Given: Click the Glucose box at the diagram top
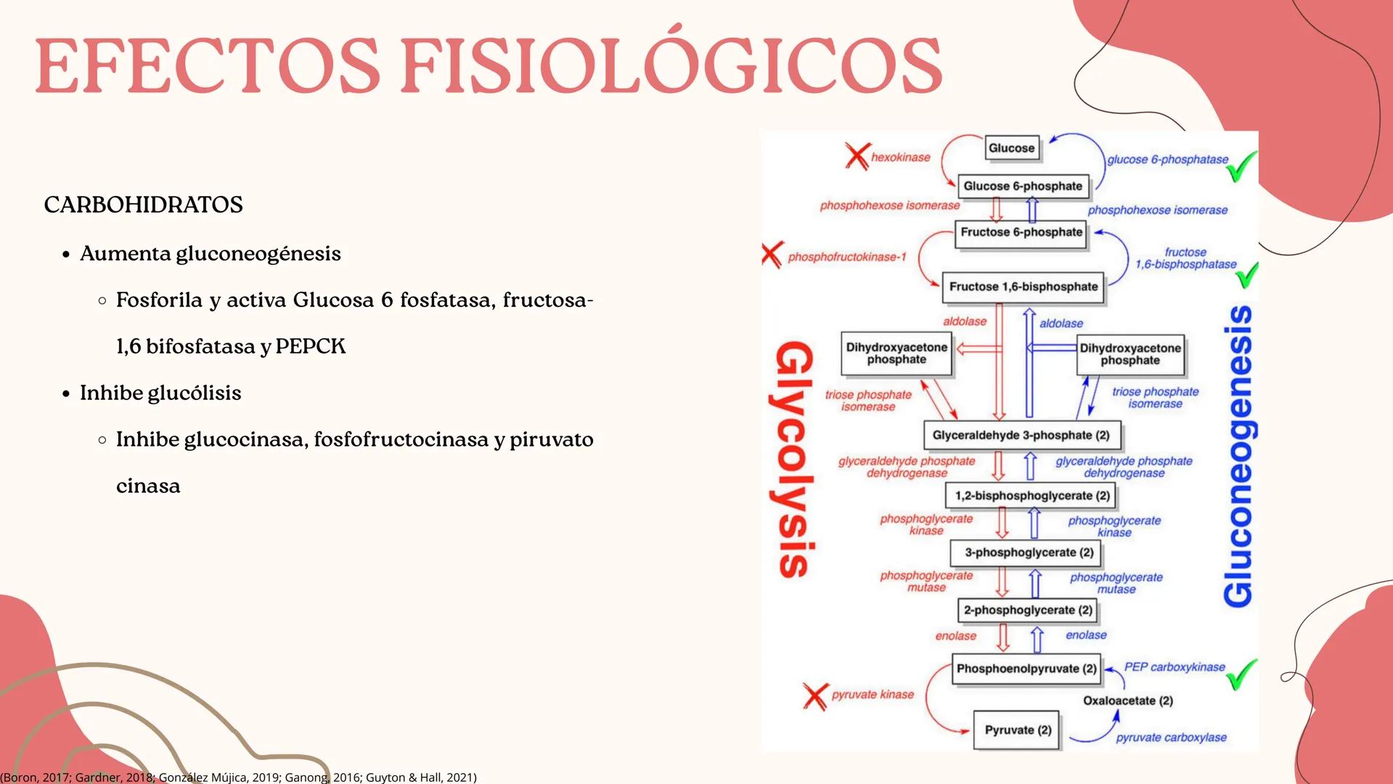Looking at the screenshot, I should (x=1011, y=148).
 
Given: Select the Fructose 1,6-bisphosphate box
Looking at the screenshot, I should (x=1023, y=287).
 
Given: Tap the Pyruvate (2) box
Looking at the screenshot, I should (x=1018, y=730).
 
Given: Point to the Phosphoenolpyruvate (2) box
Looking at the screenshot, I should (x=1026, y=669).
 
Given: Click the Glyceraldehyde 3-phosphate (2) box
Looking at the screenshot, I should (x=1021, y=436).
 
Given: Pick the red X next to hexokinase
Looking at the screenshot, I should (x=857, y=156).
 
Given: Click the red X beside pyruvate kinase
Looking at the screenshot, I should (x=815, y=696).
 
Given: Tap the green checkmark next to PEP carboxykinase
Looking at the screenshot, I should (x=1241, y=674).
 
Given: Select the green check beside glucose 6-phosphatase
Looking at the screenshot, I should (x=1241, y=166).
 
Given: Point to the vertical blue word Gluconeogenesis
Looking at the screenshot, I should (x=1238, y=456).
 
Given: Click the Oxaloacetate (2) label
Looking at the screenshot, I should (x=1127, y=701).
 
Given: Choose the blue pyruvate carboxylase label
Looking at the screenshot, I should (x=1171, y=738).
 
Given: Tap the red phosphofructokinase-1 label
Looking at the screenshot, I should (x=847, y=257).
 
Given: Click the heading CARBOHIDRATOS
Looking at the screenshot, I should (x=143, y=205).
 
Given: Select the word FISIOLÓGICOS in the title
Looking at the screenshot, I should (x=671, y=67).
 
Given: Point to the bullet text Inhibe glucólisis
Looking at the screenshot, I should (x=160, y=393).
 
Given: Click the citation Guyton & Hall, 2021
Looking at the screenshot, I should (x=420, y=777).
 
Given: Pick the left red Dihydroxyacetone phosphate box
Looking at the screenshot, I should (x=896, y=354).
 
